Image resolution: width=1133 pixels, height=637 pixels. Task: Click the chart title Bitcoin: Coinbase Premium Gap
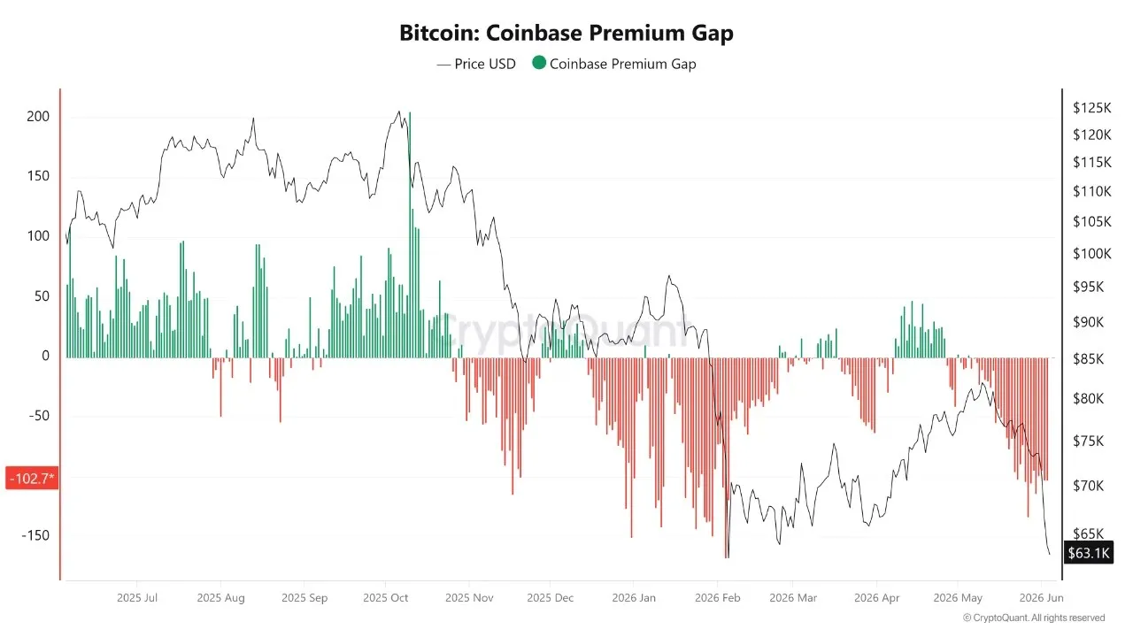pyautogui.click(x=566, y=33)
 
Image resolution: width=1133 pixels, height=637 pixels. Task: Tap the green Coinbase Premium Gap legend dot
pyautogui.click(x=539, y=63)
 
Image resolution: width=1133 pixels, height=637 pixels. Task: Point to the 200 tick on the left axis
pyautogui.click(x=38, y=116)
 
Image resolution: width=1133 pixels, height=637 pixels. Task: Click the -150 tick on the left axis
pyautogui.click(x=35, y=535)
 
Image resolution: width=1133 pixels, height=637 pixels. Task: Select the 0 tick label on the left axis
pyautogui.click(x=45, y=356)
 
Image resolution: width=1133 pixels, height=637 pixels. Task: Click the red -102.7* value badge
pyautogui.click(x=32, y=479)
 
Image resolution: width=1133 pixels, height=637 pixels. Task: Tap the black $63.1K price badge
pyautogui.click(x=1089, y=553)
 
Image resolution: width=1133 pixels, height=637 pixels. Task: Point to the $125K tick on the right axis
pyautogui.click(x=1092, y=108)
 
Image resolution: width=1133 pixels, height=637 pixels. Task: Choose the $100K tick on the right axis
pyautogui.click(x=1092, y=253)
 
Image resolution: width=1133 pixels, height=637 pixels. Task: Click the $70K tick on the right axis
pyautogui.click(x=1089, y=486)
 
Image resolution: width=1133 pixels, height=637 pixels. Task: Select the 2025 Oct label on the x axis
pyautogui.click(x=385, y=597)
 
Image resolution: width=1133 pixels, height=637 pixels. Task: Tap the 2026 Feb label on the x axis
pyautogui.click(x=717, y=597)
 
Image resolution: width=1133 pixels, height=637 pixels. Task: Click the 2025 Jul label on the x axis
pyautogui.click(x=137, y=597)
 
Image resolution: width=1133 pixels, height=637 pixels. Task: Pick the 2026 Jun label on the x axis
pyautogui.click(x=1041, y=597)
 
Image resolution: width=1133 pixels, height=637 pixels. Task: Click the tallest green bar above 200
pyautogui.click(x=410, y=234)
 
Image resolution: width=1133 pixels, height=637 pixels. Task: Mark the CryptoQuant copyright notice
pyautogui.click(x=1033, y=618)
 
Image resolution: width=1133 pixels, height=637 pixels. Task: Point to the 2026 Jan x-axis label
pyautogui.click(x=634, y=597)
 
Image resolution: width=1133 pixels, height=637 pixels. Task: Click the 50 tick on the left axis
pyautogui.click(x=42, y=296)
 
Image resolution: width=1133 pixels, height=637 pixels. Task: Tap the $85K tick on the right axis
pyautogui.click(x=1089, y=359)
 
